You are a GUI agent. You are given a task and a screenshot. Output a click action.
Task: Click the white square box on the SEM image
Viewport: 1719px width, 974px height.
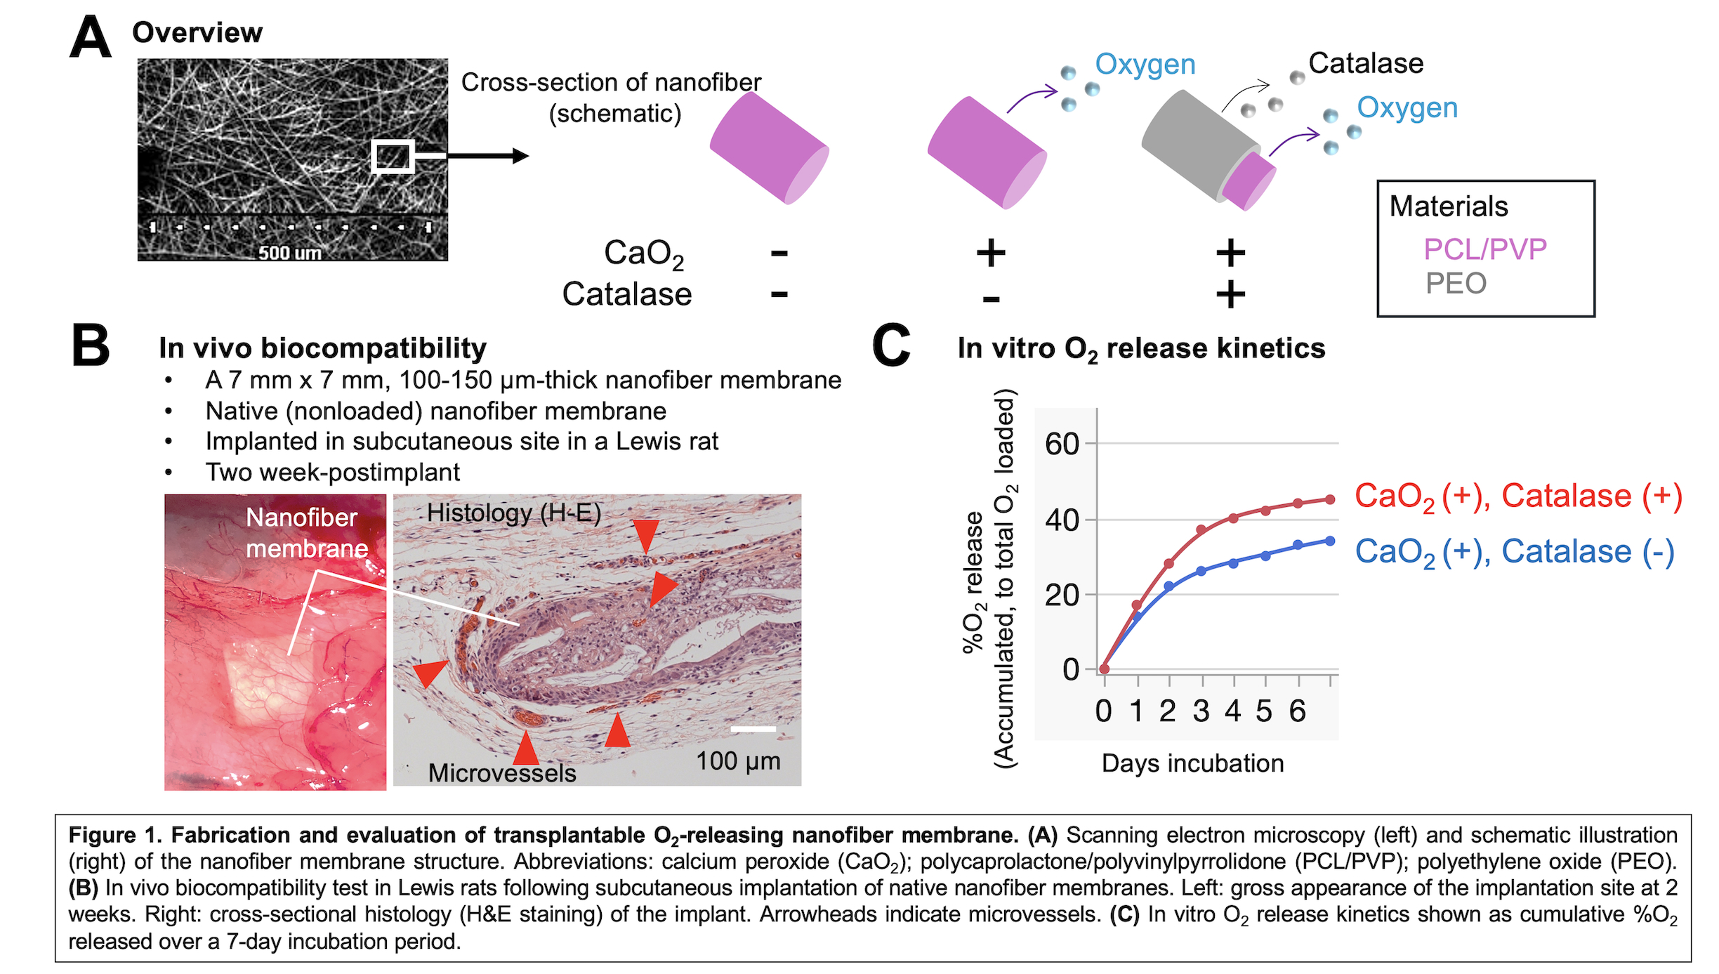click(392, 156)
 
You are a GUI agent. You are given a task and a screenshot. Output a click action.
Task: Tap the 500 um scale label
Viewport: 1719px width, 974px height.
click(289, 253)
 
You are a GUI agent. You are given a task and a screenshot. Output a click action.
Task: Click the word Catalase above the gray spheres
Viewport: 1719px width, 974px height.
click(1366, 63)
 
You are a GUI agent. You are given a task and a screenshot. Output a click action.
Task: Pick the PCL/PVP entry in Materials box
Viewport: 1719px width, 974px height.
click(1484, 249)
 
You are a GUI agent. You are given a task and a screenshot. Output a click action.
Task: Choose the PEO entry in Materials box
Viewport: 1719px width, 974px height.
click(1456, 284)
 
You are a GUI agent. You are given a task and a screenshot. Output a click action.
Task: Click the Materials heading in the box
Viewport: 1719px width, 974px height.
click(1449, 206)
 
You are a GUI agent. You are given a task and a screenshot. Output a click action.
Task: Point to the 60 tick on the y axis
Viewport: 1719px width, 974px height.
click(1062, 444)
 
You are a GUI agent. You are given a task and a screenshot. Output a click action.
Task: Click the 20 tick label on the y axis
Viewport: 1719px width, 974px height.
click(1062, 595)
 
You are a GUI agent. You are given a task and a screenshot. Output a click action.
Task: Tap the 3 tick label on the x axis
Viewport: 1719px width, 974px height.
click(1201, 711)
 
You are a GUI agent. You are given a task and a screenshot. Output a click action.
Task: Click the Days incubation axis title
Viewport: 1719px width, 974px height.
click(1192, 763)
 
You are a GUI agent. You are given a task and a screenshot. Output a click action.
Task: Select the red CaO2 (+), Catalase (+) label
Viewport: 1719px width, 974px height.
click(1518, 496)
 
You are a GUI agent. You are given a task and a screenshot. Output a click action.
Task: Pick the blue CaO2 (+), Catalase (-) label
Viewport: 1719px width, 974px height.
click(1515, 552)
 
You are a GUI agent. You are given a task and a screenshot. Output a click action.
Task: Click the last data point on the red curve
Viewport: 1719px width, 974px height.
click(1330, 499)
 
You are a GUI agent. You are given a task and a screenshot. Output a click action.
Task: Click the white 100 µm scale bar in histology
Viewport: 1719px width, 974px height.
click(753, 729)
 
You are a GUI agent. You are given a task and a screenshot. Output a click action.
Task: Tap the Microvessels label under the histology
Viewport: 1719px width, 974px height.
click(502, 773)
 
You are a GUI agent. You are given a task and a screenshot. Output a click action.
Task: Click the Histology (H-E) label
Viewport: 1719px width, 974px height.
click(514, 513)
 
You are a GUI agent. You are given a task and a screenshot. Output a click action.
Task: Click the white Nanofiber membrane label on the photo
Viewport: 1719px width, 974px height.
click(306, 533)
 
